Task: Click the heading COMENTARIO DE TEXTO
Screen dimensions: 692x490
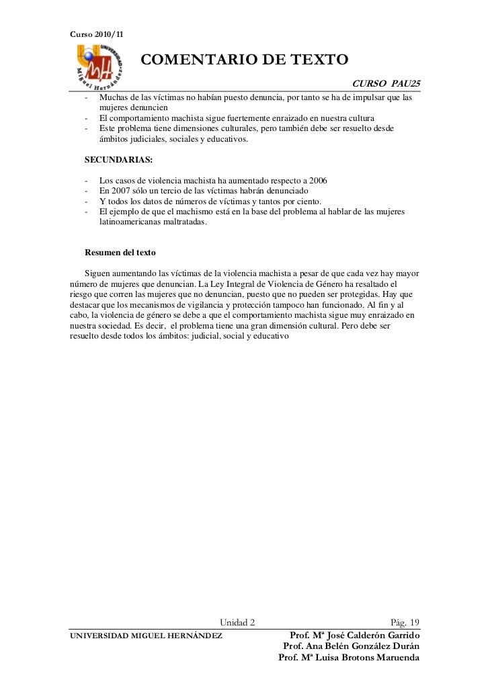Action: click(244, 60)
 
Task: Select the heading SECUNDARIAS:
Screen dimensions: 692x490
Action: click(118, 160)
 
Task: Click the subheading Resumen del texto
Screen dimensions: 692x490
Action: click(120, 253)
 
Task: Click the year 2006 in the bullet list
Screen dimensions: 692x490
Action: click(317, 181)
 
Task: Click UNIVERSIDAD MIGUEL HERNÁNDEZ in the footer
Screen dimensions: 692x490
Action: click(147, 636)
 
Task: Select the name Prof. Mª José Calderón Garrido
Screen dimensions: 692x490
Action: click(354, 635)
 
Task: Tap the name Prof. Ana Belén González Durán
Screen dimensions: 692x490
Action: click(352, 646)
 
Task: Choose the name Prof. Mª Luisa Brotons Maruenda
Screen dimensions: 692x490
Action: click(349, 658)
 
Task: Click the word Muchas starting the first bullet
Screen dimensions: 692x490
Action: click(113, 97)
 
